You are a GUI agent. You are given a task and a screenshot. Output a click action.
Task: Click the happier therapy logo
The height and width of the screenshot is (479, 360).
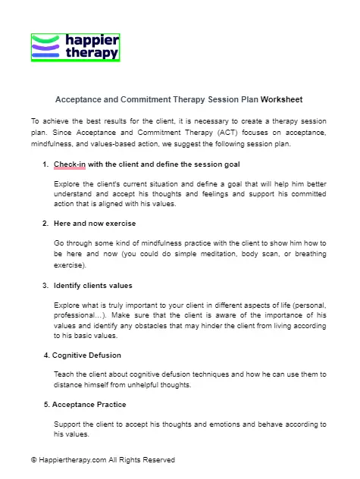click(76, 47)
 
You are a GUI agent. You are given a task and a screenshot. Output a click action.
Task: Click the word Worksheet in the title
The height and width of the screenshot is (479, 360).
click(282, 99)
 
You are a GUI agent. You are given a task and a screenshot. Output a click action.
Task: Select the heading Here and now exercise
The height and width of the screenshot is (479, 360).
click(93, 224)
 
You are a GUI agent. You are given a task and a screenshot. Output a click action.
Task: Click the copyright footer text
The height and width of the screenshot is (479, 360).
click(102, 460)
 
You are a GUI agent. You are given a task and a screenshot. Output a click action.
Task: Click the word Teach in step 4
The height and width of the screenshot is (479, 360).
click(64, 374)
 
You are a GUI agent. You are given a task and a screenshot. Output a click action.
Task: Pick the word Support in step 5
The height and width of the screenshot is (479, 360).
click(68, 424)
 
